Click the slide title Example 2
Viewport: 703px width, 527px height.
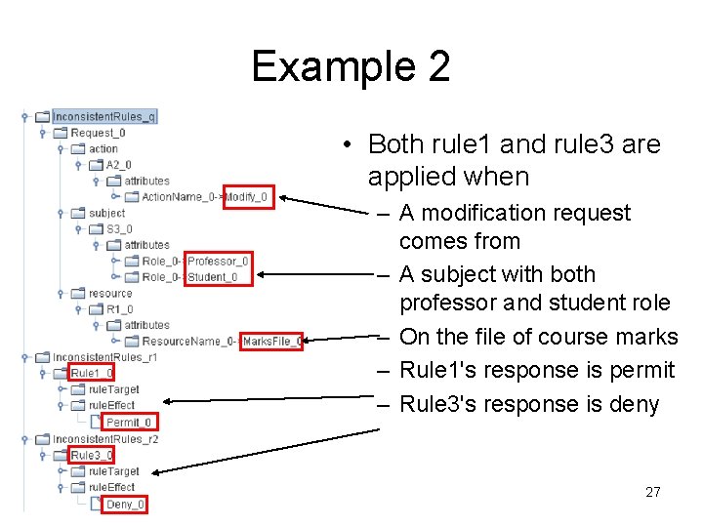pyautogui.click(x=351, y=66)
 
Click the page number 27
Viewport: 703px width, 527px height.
pyautogui.click(x=653, y=492)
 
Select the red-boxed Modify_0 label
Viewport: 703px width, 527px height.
pyautogui.click(x=248, y=197)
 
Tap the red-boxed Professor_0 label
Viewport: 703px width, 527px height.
pyautogui.click(x=218, y=261)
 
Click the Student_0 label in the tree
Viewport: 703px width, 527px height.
pyautogui.click(x=212, y=277)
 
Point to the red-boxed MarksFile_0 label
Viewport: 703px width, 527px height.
pyautogui.click(x=271, y=342)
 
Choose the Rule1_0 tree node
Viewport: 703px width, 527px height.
pyautogui.click(x=93, y=373)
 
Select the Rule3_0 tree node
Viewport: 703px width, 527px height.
pyautogui.click(x=93, y=455)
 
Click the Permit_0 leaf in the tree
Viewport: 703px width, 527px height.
pyautogui.click(x=129, y=423)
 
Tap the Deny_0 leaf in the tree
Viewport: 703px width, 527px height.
pyautogui.click(x=126, y=505)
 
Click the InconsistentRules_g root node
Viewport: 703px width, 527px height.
pyautogui.click(x=103, y=117)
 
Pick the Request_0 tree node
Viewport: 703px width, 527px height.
pyautogui.click(x=98, y=133)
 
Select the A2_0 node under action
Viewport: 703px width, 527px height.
pyautogui.click(x=118, y=165)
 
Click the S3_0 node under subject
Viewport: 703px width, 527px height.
pyautogui.click(x=118, y=229)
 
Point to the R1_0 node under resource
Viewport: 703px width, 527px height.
pyautogui.click(x=118, y=309)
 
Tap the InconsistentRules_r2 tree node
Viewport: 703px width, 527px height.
pyautogui.click(x=105, y=439)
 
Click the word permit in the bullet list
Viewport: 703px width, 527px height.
pyautogui.click(x=640, y=371)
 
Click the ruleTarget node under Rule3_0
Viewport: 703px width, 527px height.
pyautogui.click(x=113, y=471)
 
